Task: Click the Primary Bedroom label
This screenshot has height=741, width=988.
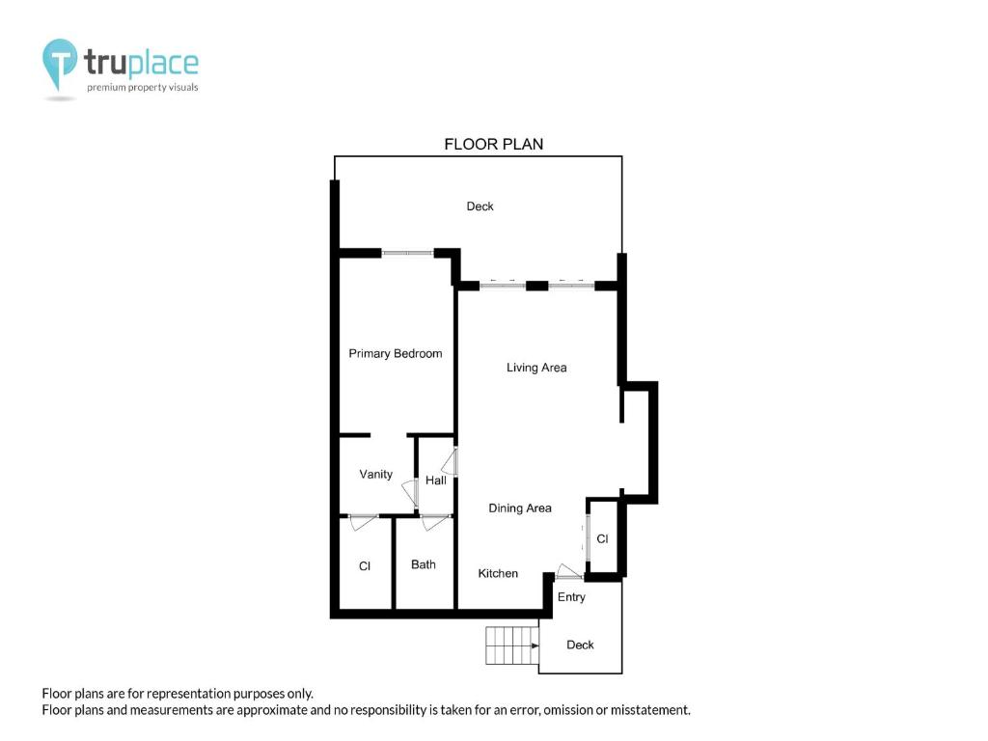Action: [395, 353]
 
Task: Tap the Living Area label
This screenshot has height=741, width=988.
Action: [536, 368]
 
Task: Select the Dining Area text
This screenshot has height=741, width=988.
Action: [520, 508]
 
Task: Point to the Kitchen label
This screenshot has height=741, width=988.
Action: [498, 573]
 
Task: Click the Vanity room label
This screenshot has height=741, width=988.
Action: [375, 474]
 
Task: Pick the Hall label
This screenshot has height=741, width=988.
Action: [435, 480]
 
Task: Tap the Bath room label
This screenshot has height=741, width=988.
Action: [424, 564]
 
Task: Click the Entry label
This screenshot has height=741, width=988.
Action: [571, 596]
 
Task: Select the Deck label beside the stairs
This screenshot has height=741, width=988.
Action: [580, 645]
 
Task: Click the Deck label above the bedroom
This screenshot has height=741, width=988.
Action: [480, 206]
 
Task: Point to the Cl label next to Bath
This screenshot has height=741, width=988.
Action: [364, 566]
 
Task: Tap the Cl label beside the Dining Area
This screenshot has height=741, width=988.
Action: [602, 538]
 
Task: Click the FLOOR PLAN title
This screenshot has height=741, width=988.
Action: [493, 145]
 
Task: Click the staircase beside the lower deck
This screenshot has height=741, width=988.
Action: [512, 645]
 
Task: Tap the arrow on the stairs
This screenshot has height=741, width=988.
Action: [535, 645]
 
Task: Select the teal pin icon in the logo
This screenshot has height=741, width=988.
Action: [60, 63]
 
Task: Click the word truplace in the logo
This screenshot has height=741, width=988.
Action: [141, 63]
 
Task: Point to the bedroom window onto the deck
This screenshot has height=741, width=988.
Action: [408, 254]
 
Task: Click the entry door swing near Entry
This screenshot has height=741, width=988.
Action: [568, 571]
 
